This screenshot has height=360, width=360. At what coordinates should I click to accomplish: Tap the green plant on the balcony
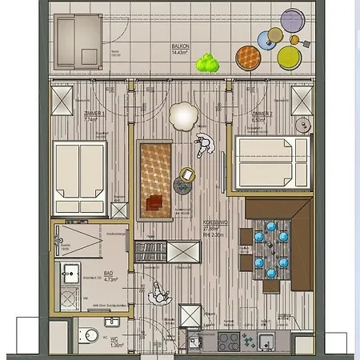pos(209,62)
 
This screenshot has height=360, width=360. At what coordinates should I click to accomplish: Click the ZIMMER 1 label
pos(94,114)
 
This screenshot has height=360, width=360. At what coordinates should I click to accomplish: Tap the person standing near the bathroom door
pos(158,294)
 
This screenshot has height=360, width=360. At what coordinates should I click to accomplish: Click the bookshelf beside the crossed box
pos(149,252)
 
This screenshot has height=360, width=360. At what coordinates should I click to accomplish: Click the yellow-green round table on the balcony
pos(286,56)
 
